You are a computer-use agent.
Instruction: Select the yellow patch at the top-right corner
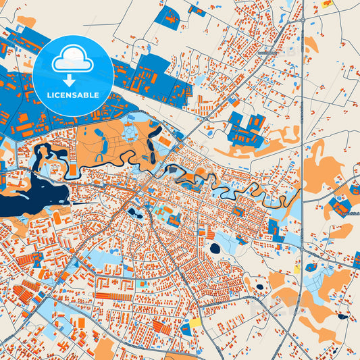pos(328,3)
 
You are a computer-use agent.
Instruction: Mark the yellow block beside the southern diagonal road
pos(195,323)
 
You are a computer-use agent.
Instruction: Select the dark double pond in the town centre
pos(132,213)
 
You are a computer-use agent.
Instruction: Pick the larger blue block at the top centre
pos(166,16)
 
